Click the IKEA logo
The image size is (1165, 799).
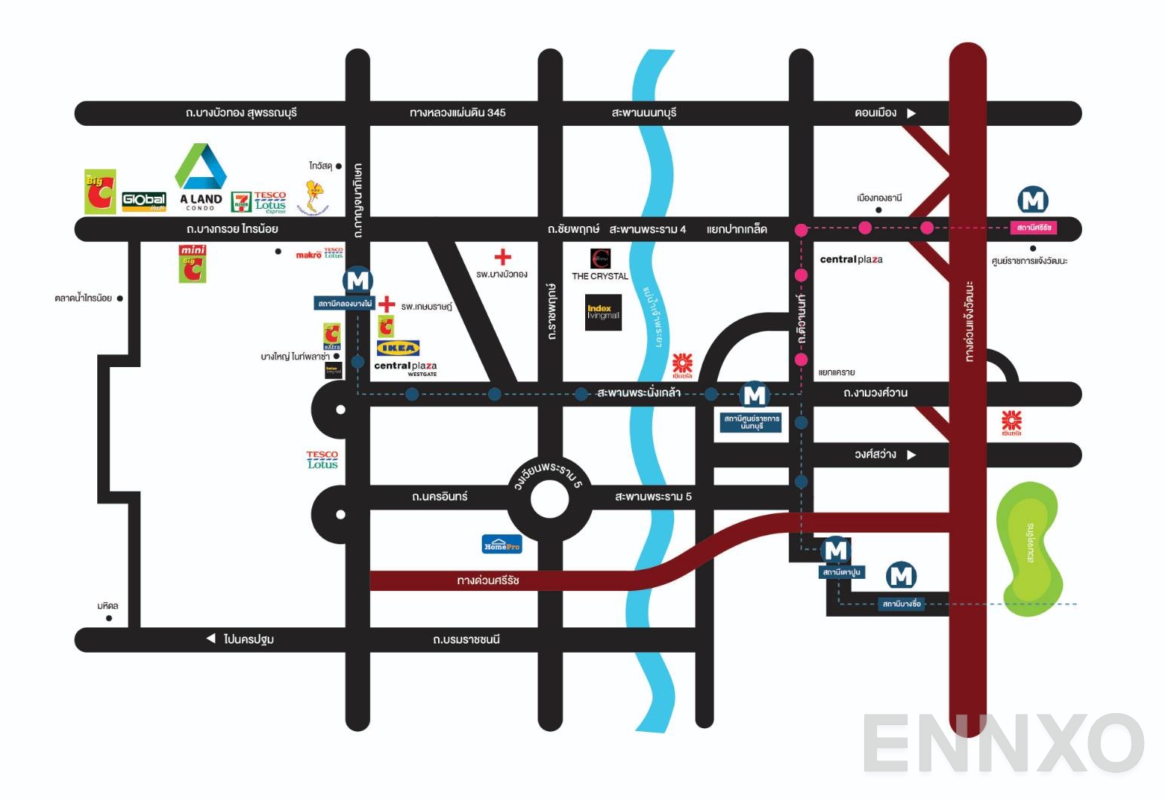pos(397,348)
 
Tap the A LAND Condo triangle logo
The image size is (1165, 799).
pos(201,168)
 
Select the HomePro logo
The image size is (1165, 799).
pos(501,544)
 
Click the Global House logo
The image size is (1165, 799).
pos(144,201)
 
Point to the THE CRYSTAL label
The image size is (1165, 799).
pos(599,276)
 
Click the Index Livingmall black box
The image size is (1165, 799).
pos(603,313)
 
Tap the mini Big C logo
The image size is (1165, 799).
pos(192,263)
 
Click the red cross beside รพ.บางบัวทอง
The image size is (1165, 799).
pos(502,257)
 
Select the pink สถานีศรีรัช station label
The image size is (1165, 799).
pos(1033,228)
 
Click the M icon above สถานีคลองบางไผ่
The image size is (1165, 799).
pos(358,281)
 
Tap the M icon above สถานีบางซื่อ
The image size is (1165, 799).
pos(901,577)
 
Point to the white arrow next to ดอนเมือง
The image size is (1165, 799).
pos(911,113)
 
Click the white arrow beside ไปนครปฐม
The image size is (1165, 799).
pos(211,638)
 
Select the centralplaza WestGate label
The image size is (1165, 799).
pos(406,367)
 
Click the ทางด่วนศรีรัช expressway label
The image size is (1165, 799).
pos(488,580)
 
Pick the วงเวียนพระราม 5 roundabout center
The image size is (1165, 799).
pos(549,500)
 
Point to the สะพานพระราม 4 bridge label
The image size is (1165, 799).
pos(648,229)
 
